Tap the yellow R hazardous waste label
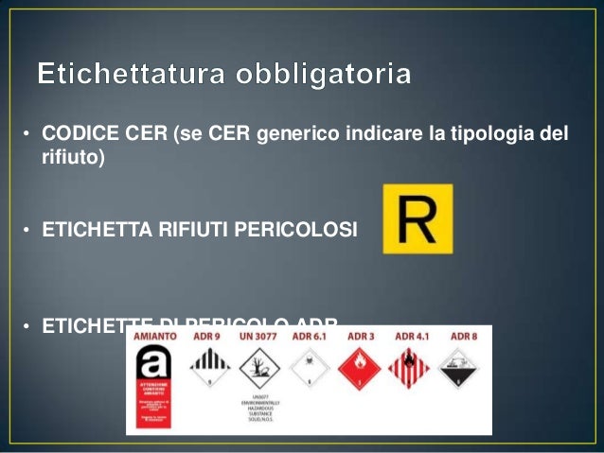(417, 218)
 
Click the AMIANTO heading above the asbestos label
(154, 336)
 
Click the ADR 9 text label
(208, 336)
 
